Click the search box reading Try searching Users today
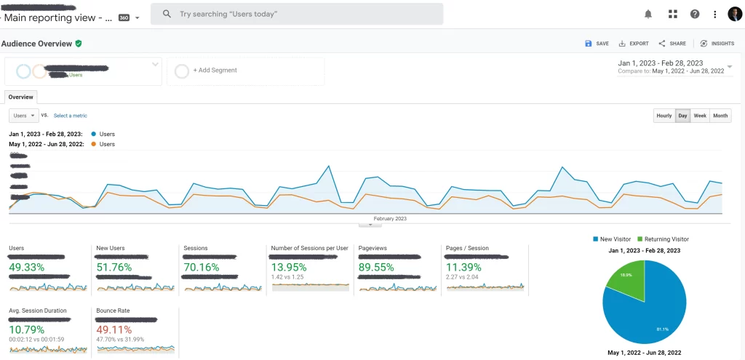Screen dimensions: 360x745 [297, 14]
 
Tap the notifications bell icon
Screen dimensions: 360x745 [648, 14]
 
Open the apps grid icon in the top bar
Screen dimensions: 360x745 [673, 14]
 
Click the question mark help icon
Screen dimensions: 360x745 [695, 14]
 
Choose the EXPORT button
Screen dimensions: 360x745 [634, 44]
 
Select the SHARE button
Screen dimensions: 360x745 [672, 44]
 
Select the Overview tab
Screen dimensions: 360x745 [20, 97]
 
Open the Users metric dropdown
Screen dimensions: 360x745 [24, 116]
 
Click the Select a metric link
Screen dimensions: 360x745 [70, 116]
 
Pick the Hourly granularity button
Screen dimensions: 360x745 [664, 116]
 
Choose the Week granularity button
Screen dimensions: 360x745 [699, 116]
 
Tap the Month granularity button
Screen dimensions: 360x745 [720, 116]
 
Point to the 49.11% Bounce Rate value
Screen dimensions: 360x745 [117, 329]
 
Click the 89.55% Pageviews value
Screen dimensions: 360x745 [379, 267]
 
